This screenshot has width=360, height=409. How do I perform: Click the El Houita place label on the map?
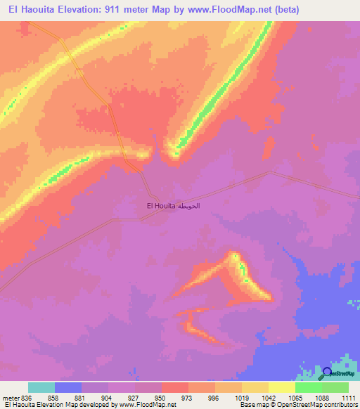[x=160, y=206]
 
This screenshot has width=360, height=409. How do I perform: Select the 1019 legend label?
[x=243, y=398]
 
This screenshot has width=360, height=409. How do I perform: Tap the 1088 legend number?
[x=323, y=398]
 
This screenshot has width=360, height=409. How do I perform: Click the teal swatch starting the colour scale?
[x=41, y=387]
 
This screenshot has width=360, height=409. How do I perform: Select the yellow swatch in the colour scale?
[x=282, y=387]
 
